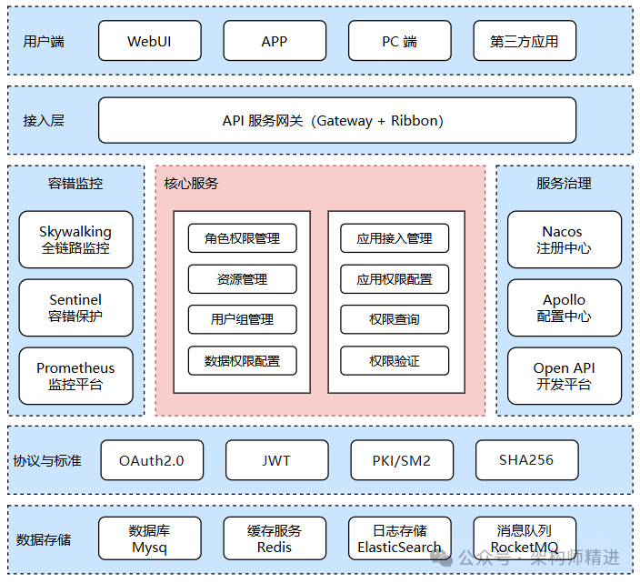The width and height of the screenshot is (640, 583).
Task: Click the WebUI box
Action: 149,42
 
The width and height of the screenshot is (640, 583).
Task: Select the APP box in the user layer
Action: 275,42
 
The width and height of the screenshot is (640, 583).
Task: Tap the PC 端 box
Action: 399,42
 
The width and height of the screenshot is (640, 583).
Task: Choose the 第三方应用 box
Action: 525,42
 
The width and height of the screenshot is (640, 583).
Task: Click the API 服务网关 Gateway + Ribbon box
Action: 336,121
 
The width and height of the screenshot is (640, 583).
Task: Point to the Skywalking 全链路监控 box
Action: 75,239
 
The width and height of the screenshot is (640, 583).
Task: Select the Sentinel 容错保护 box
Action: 75,308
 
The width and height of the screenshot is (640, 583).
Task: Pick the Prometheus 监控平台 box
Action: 75,377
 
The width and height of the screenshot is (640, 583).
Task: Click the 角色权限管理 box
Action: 242,238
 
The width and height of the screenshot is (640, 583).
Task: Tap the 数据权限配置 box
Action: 242,361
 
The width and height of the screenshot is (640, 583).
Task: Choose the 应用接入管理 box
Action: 395,238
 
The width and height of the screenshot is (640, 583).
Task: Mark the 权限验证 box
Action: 395,361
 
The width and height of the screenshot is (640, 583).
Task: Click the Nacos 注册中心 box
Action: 564,239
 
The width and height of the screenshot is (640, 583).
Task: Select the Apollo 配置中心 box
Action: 564,308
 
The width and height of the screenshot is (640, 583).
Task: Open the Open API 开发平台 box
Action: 564,377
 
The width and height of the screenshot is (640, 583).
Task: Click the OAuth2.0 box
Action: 151,461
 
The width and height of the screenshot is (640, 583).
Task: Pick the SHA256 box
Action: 526,461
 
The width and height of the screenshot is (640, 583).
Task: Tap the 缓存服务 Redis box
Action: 275,538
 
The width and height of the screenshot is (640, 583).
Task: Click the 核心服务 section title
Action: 191,184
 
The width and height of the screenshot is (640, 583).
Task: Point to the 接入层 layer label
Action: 44,121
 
